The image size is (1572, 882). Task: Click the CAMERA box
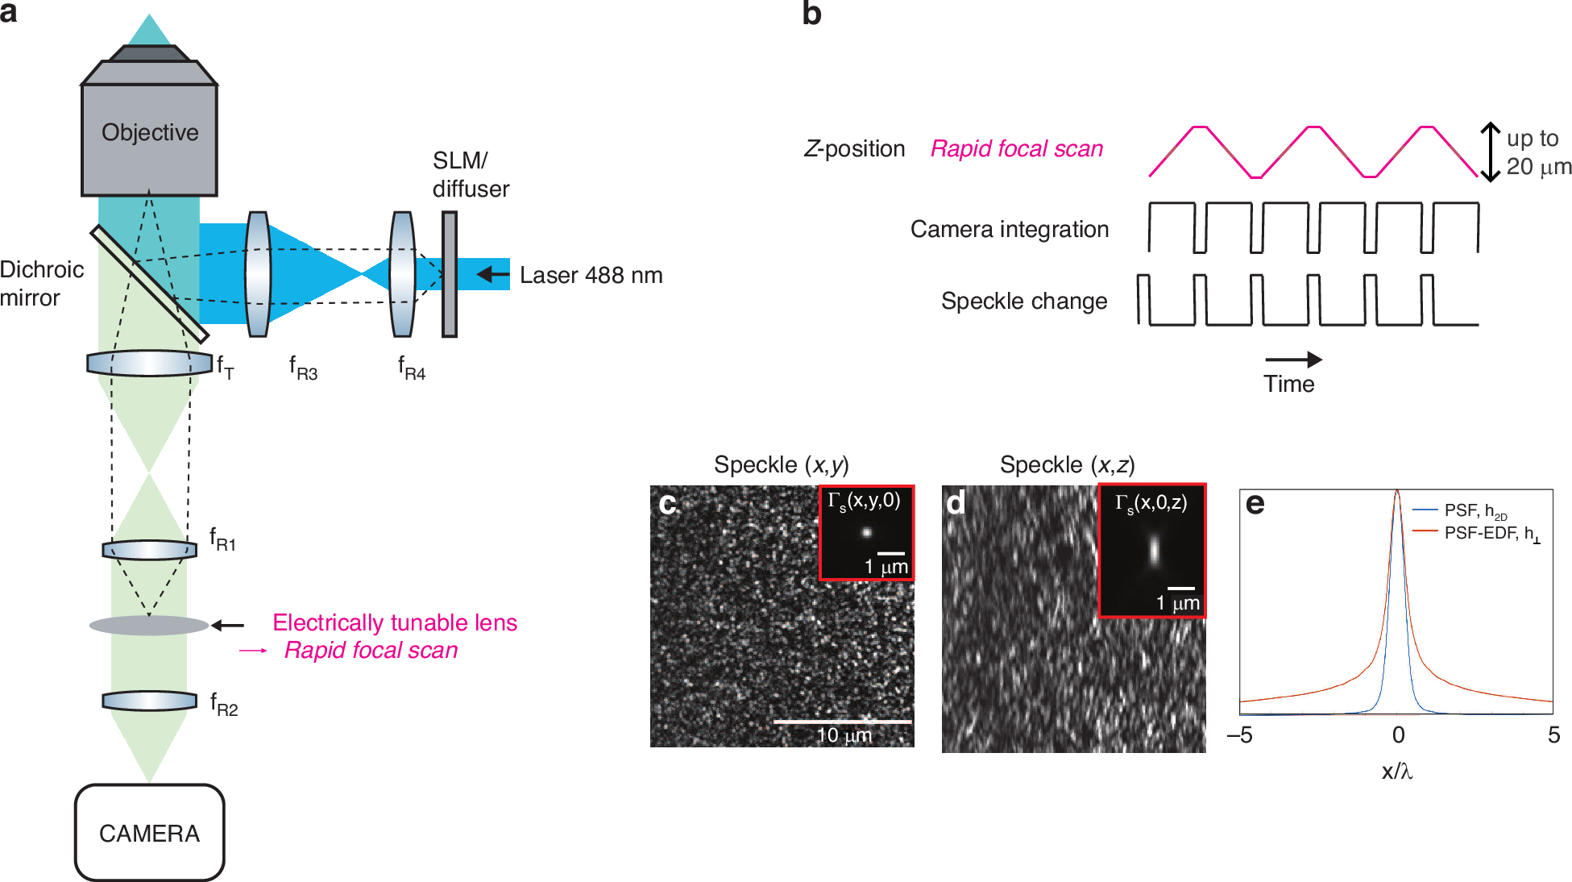click(149, 832)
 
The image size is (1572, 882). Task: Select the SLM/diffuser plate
click(450, 274)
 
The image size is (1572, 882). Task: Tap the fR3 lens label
click(303, 368)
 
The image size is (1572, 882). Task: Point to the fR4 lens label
click(411, 368)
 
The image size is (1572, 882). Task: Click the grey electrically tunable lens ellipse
click(149, 626)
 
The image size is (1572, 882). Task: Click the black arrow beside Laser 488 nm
click(492, 275)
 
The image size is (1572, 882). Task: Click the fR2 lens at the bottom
click(149, 701)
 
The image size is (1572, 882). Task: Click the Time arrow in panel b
click(1292, 360)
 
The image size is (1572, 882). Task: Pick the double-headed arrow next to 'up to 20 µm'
click(1491, 152)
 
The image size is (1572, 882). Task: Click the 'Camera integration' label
click(1009, 230)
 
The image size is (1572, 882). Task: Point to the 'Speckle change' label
click(1023, 302)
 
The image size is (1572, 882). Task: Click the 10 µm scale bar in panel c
click(842, 722)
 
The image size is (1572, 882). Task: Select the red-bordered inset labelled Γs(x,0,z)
click(1152, 551)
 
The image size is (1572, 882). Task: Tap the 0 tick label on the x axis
click(1398, 735)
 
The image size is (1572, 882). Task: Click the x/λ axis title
click(1397, 772)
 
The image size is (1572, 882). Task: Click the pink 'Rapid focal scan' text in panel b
click(1016, 149)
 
